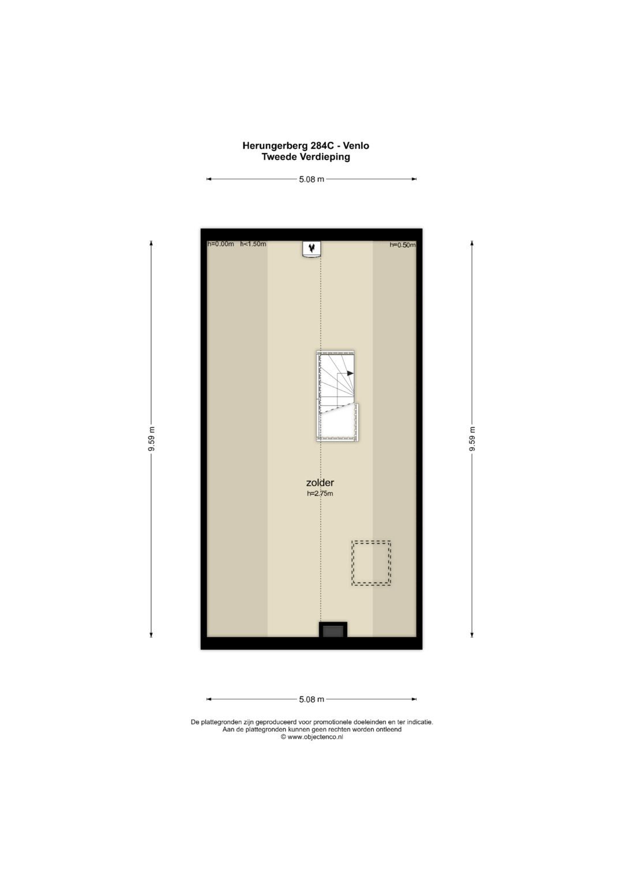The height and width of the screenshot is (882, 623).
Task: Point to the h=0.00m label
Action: [x=220, y=244]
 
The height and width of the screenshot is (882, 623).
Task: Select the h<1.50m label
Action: [x=253, y=244]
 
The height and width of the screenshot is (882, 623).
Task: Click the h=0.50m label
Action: [x=403, y=245]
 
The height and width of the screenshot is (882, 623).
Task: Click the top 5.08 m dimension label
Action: [x=311, y=179]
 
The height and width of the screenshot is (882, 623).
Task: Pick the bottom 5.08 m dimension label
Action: [x=311, y=699]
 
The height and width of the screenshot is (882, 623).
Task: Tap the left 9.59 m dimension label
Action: [x=151, y=439]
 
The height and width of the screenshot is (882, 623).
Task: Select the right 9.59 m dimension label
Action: [x=472, y=439]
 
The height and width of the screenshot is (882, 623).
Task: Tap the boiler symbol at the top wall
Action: [x=311, y=249]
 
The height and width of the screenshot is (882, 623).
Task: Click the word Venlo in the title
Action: [x=356, y=146]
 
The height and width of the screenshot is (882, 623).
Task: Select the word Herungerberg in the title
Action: [x=275, y=146]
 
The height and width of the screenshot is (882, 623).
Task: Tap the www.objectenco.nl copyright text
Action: [x=311, y=737]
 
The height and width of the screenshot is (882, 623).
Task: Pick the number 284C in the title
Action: [x=322, y=146]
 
